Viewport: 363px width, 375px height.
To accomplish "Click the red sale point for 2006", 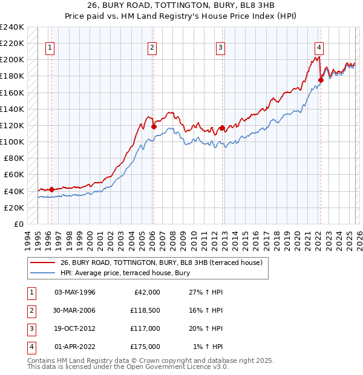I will (154, 127).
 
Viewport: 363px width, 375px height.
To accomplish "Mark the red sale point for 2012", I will (222, 128).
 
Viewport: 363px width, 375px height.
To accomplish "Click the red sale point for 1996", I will (51, 189).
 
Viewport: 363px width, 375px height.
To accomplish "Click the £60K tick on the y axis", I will (14, 175).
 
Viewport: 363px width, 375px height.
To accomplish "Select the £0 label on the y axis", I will (19, 224).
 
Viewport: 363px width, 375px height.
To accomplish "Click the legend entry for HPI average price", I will (125, 273).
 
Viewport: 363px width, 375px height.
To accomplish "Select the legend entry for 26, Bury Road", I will (161, 262).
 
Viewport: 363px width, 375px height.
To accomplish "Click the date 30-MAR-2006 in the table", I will (75, 310).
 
